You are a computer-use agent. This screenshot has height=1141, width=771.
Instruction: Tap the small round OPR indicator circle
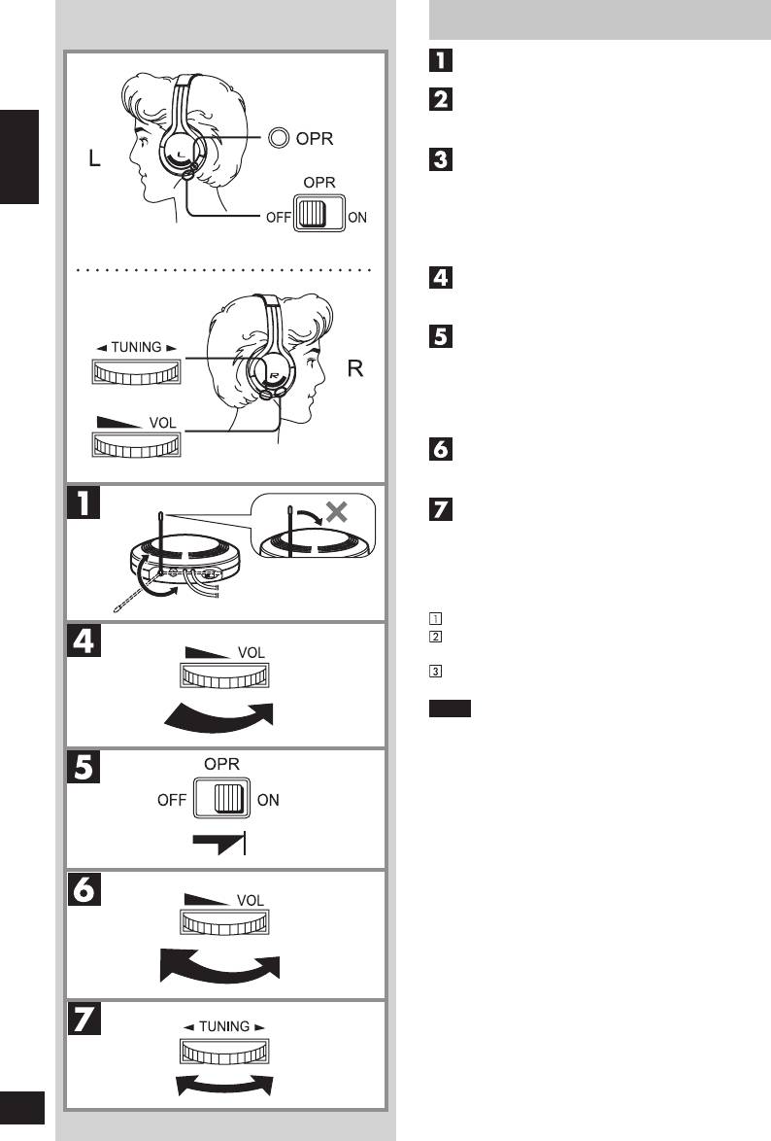279,139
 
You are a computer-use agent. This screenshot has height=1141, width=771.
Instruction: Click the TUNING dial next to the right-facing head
135,371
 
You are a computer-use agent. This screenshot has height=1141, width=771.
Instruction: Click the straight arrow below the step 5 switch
220,843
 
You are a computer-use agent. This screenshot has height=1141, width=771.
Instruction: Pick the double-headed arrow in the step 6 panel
220,967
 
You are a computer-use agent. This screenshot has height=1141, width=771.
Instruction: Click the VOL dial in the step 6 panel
223,921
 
